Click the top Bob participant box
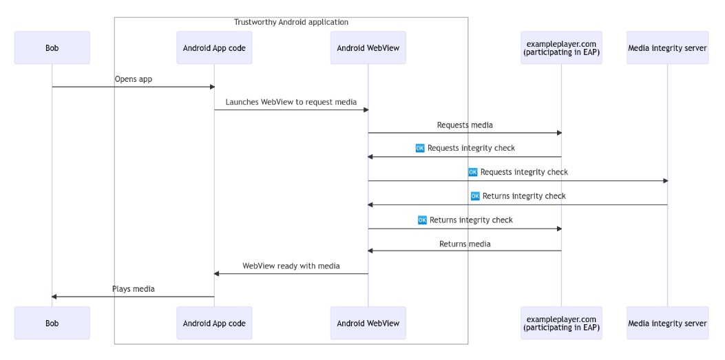point(52,47)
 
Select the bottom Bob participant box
point(52,323)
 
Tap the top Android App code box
point(214,47)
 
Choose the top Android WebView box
point(368,47)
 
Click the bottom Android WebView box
point(368,323)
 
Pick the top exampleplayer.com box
point(561,47)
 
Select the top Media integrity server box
point(667,47)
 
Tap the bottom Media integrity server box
point(667,323)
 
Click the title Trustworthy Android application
point(291,22)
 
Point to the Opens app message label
point(133,79)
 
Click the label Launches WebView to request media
point(291,102)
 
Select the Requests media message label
point(465,125)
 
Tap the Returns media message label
point(465,244)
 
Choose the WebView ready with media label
point(291,266)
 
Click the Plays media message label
point(133,289)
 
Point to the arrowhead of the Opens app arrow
point(212,87)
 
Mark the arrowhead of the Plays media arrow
point(54,297)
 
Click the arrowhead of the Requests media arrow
point(559,133)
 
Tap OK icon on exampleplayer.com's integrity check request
point(420,148)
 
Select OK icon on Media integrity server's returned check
point(475,196)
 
